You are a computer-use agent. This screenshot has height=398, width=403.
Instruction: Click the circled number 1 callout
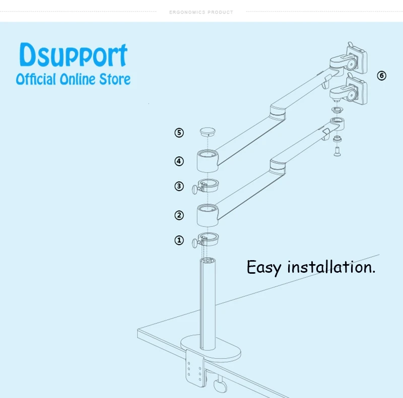click(179, 241)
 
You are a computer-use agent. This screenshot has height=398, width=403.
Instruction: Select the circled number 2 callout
click(179, 215)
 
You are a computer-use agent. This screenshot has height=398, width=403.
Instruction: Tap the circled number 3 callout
click(179, 186)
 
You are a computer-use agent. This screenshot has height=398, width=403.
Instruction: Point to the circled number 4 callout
click(179, 162)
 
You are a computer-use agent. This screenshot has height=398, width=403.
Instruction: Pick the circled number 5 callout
click(179, 133)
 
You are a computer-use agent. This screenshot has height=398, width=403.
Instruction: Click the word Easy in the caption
click(263, 267)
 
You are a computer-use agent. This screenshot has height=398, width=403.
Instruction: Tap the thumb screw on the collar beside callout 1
click(195, 244)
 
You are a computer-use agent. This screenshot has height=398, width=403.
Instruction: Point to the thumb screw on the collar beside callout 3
click(195, 189)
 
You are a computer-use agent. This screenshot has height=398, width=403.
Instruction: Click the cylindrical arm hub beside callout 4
click(207, 161)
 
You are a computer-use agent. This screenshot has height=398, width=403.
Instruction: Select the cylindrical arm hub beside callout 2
click(207, 215)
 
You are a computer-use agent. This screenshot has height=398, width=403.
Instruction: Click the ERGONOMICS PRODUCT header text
click(201, 12)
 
